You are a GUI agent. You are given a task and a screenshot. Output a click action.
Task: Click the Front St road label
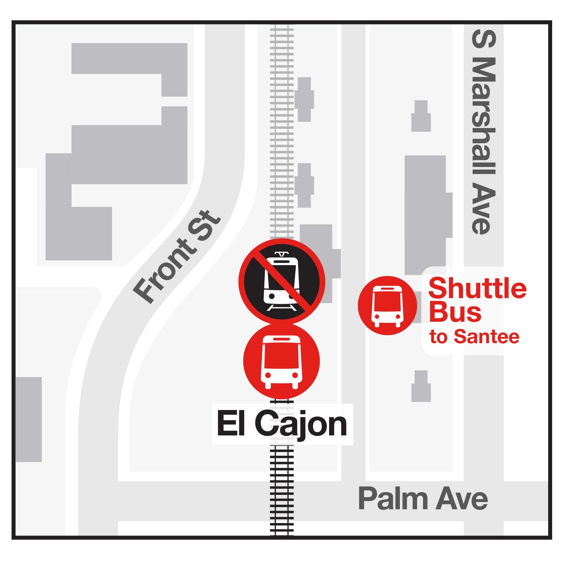[177, 257]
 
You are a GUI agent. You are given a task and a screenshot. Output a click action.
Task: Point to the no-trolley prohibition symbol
[282, 282]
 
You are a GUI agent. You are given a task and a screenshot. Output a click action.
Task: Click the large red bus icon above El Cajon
[281, 361]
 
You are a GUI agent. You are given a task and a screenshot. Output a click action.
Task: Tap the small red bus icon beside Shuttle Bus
[387, 305]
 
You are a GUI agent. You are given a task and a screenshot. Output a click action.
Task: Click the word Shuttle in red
[477, 288]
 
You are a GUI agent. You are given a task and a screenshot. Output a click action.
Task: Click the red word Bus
[455, 312]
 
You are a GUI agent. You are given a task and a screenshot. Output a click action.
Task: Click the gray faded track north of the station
[282, 131]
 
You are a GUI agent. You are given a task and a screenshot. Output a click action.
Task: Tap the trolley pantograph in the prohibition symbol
[281, 254]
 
